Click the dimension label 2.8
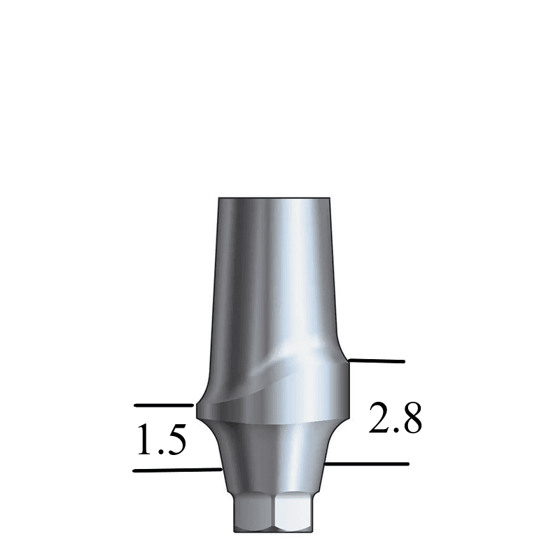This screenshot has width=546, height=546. coord(395,419)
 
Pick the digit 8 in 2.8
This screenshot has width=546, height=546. coord(411,419)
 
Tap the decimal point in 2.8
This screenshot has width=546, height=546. coord(395,430)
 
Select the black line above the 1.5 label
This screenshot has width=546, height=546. coord(163,405)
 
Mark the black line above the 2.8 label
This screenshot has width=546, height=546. coord(377,361)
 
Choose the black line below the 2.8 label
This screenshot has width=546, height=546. coord(367,463)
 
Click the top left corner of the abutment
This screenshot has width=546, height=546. coord(219,199)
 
